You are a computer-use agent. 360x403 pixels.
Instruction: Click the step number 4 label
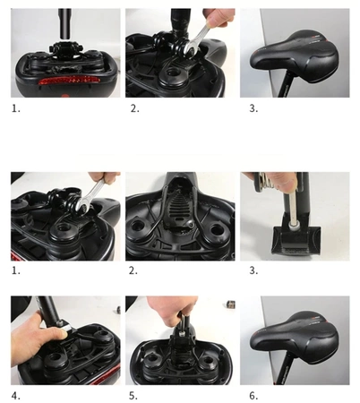14,396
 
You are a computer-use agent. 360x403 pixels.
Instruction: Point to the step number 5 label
130,396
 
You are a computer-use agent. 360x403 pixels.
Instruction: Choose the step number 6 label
245,396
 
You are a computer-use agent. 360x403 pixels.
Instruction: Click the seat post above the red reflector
65,23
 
